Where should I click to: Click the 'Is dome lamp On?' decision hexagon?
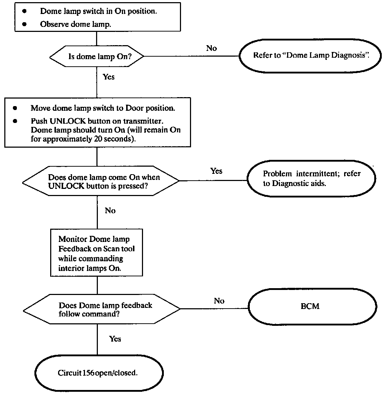click(97, 56)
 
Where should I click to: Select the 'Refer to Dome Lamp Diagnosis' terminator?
click(310, 56)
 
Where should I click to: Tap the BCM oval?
click(313, 306)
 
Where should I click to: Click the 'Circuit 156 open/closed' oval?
click(99, 373)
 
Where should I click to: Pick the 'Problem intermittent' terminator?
click(311, 178)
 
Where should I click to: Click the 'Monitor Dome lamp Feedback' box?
click(96, 253)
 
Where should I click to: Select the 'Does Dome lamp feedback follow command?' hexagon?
click(101, 309)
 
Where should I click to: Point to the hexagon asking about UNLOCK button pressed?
click(101, 181)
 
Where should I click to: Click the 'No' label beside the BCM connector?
click(219, 301)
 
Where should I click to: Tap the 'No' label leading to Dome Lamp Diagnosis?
click(211, 48)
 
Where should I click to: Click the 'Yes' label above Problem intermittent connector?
click(216, 171)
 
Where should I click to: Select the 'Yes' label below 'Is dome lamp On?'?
click(109, 77)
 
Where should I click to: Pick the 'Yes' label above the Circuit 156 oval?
click(115, 339)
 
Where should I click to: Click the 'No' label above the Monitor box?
click(110, 210)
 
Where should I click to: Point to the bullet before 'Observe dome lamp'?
click(24, 24)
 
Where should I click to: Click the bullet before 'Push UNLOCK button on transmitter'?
click(15, 121)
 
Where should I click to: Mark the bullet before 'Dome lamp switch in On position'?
click(24, 11)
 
